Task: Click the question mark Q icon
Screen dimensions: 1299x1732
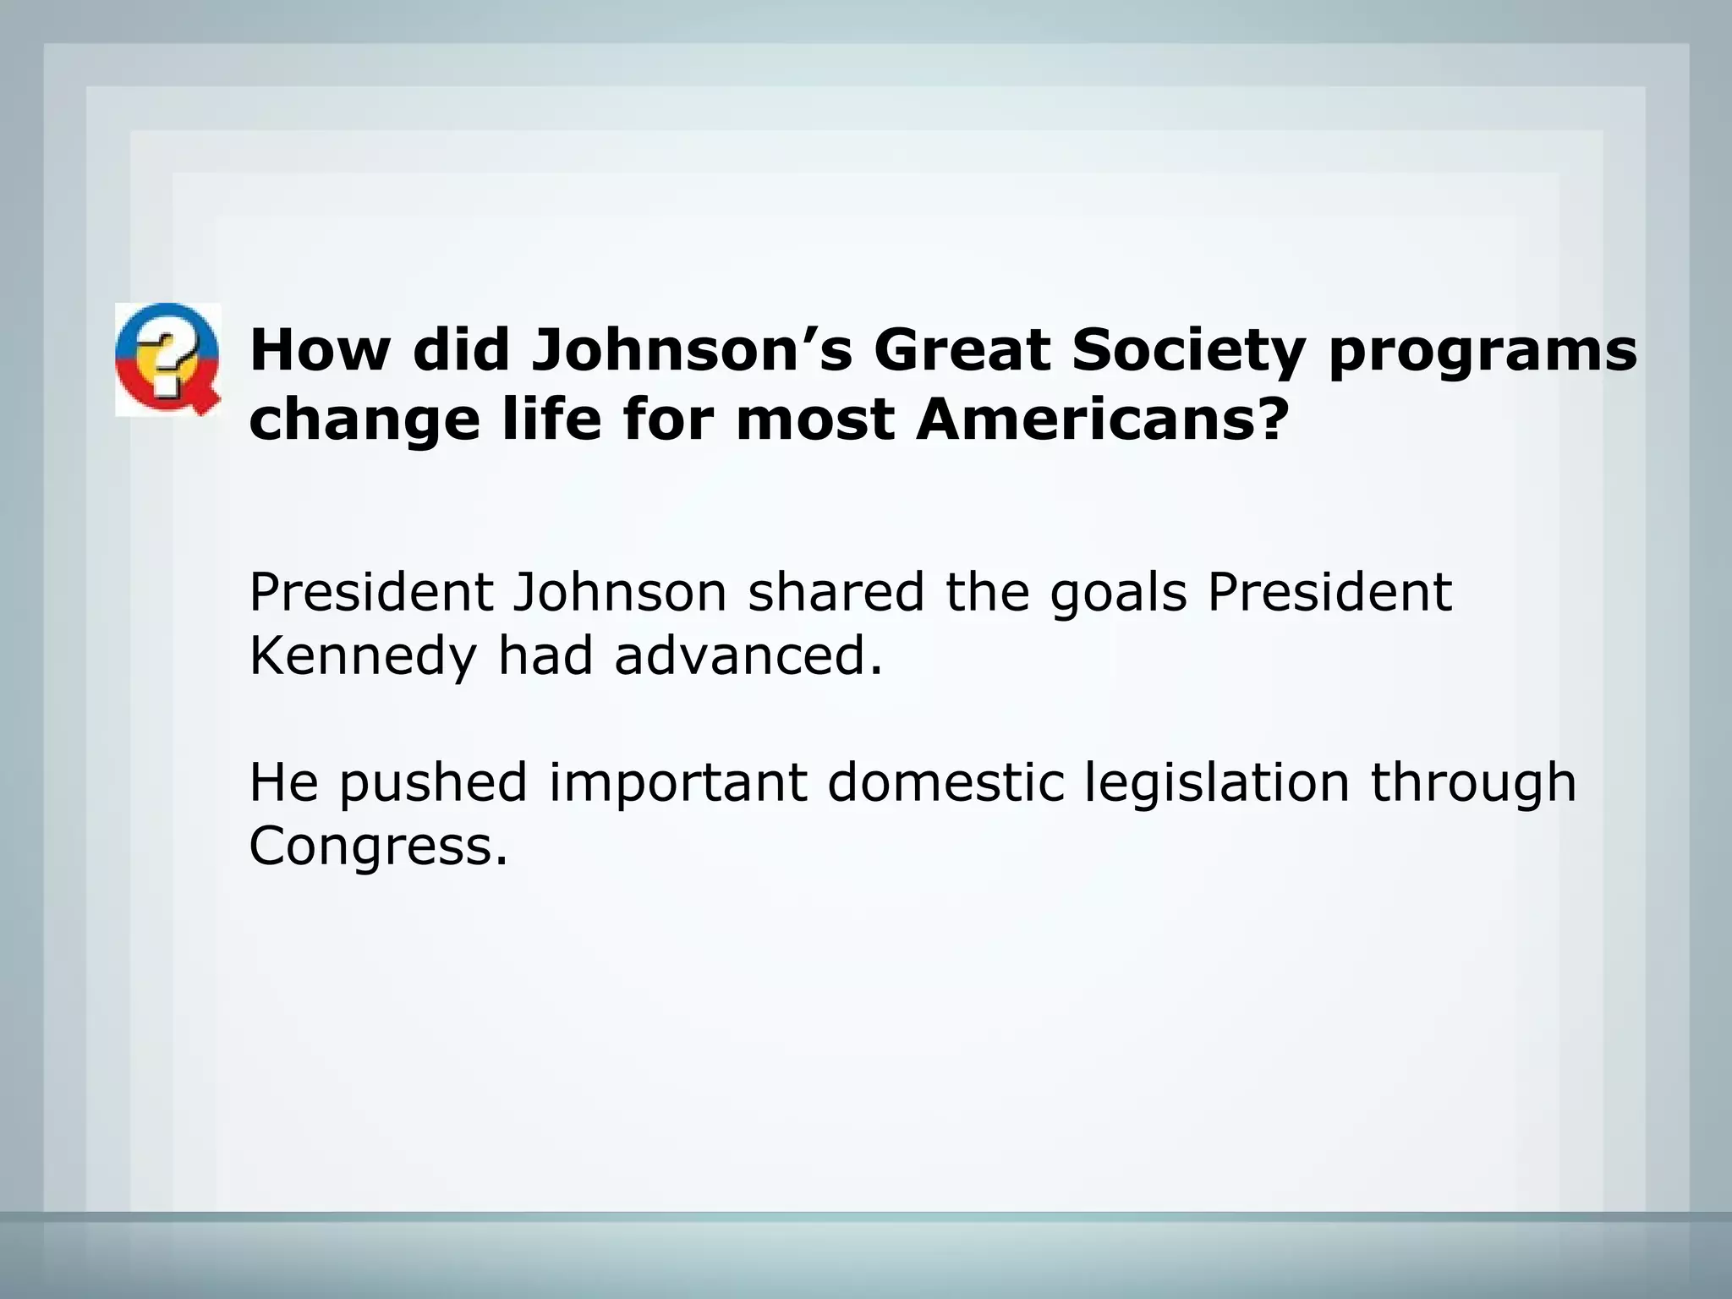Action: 168,359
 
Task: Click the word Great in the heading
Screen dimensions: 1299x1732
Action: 962,349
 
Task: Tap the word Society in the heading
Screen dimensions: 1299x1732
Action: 1188,349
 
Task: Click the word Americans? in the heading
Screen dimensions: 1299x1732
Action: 1103,419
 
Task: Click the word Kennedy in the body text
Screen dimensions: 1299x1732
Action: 362,657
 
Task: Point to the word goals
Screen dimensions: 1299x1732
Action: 1118,593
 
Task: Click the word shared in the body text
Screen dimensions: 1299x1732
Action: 836,593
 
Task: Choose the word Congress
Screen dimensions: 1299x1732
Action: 377,847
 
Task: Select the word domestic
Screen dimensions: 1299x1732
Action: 945,782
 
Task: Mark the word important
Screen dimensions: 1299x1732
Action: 678,784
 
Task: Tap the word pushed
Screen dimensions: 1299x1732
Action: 433,784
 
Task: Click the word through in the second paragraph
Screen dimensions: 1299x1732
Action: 1473,784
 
